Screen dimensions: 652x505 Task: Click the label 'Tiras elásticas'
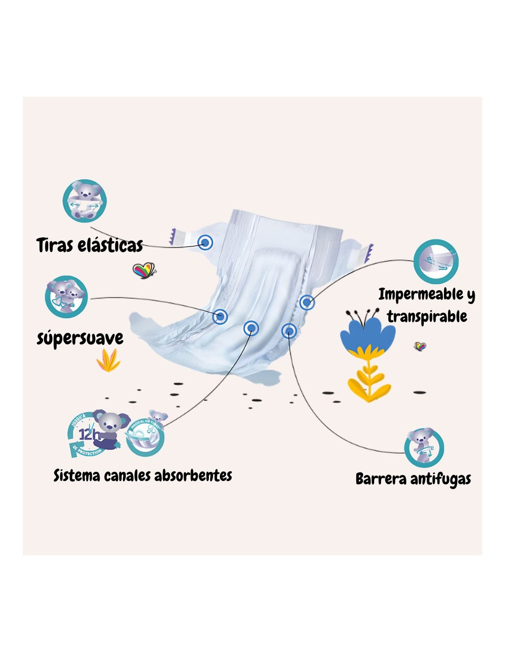tap(90, 245)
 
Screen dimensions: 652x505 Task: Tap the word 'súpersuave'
tap(80, 338)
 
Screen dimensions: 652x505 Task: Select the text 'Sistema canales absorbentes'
tap(143, 475)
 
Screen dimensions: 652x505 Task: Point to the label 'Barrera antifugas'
tap(413, 479)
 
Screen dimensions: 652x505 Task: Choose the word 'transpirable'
tap(426, 316)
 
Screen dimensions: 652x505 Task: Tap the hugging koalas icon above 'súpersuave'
tap(66, 296)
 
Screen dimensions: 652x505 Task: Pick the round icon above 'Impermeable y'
tap(436, 261)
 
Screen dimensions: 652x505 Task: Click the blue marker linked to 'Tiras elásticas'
tap(206, 242)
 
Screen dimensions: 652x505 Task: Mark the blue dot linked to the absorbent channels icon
tap(251, 327)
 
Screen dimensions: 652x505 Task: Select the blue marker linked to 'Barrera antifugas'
tap(289, 330)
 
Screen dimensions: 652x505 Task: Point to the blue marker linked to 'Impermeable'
tap(307, 302)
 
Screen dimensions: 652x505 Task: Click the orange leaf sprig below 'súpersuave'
tap(108, 360)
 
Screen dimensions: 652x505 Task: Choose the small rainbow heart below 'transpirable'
tap(420, 346)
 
